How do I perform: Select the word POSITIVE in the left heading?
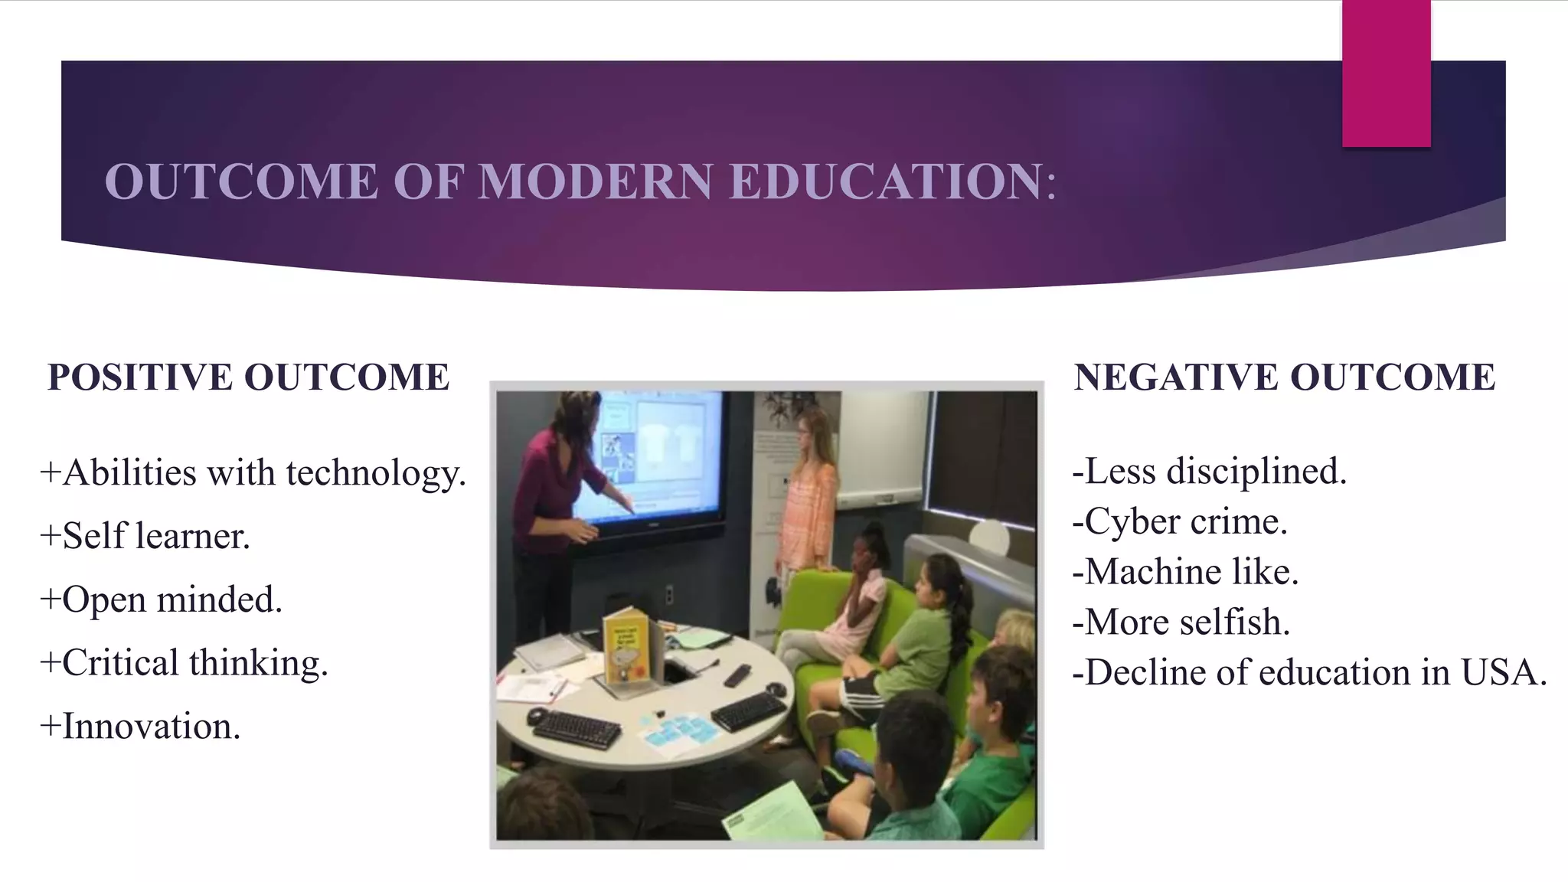click(x=140, y=377)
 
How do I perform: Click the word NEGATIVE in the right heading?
click(x=1176, y=377)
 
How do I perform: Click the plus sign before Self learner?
click(x=50, y=535)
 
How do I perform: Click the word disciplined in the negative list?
click(x=1256, y=471)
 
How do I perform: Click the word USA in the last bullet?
click(x=1504, y=672)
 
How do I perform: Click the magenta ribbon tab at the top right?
click(x=1386, y=73)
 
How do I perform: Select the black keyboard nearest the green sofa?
click(x=747, y=711)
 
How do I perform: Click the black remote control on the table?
click(x=737, y=676)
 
